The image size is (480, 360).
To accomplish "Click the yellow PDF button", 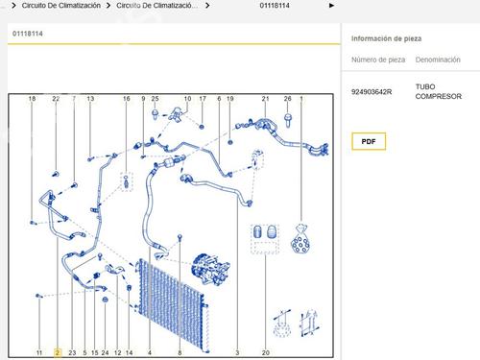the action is tap(369, 141).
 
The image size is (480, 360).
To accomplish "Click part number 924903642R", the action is tap(372, 92).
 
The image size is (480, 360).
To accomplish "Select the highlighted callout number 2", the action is tap(58, 352).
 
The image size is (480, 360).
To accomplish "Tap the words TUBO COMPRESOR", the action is tap(439, 91).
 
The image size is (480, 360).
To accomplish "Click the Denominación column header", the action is tap(438, 60).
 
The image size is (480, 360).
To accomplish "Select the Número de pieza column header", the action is tap(378, 60).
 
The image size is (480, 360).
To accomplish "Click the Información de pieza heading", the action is tap(386, 38).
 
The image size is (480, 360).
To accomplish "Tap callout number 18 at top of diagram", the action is tap(32, 99).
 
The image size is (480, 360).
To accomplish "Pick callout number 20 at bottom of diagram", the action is tap(266, 352).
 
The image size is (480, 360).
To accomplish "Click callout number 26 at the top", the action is tap(288, 99).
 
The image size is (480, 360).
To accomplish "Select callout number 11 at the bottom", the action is tap(39, 352).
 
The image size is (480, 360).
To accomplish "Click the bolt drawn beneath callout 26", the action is tap(288, 120).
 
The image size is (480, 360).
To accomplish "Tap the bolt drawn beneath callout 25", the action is tap(156, 114).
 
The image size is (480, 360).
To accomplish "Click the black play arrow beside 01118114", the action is tap(331, 6).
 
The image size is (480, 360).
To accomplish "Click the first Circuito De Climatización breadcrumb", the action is tap(61, 6).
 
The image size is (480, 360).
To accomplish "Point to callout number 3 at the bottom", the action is tap(237, 352).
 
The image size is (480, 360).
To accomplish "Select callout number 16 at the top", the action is tap(127, 99).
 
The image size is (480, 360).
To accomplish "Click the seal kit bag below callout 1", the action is tap(300, 238).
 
